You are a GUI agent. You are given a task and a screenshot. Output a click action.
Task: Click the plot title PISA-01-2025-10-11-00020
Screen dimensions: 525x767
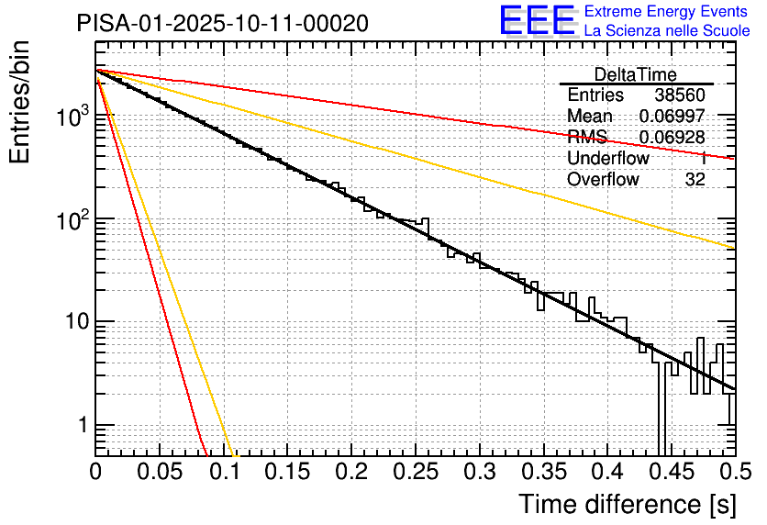(223, 23)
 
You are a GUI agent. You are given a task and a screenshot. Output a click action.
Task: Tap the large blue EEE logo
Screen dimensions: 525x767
(538, 21)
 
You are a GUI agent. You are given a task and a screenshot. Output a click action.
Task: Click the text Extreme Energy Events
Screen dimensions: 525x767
(667, 12)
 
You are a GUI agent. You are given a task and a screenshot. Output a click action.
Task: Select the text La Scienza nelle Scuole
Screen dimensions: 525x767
(667, 31)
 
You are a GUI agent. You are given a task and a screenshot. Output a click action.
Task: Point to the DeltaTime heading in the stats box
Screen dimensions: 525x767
(636, 74)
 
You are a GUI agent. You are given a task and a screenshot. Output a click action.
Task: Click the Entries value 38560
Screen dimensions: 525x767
(680, 95)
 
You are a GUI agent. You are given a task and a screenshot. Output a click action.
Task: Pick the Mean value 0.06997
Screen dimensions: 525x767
(672, 117)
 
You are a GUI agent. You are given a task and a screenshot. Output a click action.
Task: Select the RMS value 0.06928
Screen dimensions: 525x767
(672, 138)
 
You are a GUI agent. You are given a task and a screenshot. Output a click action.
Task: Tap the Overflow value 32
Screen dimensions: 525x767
(695, 180)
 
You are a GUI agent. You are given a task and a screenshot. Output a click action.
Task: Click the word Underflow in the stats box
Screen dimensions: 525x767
(608, 159)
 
